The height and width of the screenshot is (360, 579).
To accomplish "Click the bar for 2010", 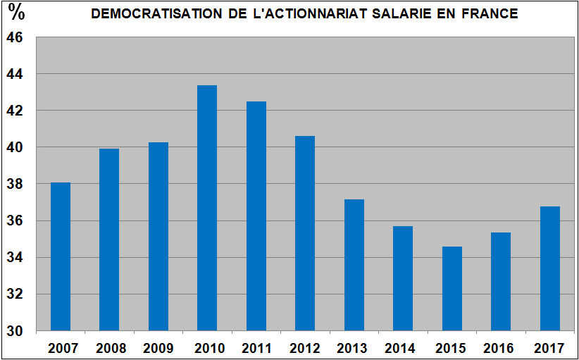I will pyautogui.click(x=207, y=208).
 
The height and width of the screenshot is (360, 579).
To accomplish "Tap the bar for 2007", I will pyautogui.click(x=61, y=256).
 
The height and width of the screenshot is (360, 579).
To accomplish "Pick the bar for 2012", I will pyautogui.click(x=305, y=233).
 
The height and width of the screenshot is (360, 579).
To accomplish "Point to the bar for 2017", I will pyautogui.click(x=550, y=268).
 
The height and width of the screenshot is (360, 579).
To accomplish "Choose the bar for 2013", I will pyautogui.click(x=354, y=265).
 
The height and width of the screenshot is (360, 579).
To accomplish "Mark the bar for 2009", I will pyautogui.click(x=158, y=236).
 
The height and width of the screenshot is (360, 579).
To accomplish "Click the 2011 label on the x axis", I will pyautogui.click(x=256, y=348).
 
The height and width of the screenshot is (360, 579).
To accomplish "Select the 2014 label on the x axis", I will pyautogui.click(x=403, y=348).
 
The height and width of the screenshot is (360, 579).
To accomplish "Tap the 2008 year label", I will pyautogui.click(x=109, y=348).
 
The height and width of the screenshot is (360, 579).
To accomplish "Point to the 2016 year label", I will pyautogui.click(x=501, y=348).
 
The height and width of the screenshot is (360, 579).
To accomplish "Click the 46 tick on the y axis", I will pyautogui.click(x=15, y=37).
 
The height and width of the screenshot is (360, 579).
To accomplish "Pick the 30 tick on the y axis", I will pyautogui.click(x=15, y=331).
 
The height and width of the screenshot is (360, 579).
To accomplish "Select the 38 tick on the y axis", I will pyautogui.click(x=15, y=184).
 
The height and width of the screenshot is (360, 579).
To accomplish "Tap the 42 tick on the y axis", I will pyautogui.click(x=15, y=111).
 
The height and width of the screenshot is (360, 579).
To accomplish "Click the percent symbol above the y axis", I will pyautogui.click(x=15, y=13).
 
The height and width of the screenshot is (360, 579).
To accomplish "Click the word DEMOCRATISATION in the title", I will pyautogui.click(x=148, y=13).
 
